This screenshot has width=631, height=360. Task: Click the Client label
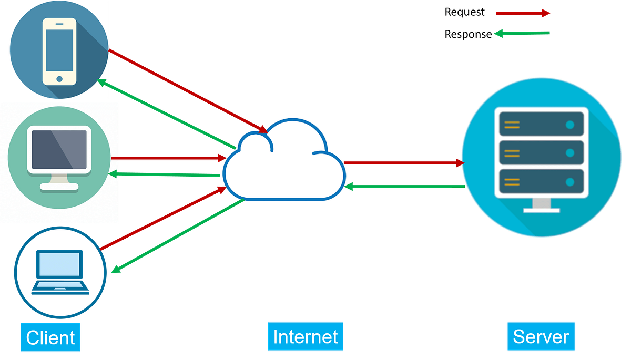tap(50, 337)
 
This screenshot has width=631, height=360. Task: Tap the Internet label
tap(306, 336)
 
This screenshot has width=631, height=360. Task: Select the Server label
tap(541, 336)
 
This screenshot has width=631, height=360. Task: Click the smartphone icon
tap(59, 51)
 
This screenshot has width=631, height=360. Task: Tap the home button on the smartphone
tap(59, 79)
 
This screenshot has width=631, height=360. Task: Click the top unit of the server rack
tap(542, 125)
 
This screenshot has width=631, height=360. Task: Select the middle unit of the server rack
tap(542, 153)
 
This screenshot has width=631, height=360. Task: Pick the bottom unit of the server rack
tap(542, 182)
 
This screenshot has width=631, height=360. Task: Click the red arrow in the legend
tap(523, 13)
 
